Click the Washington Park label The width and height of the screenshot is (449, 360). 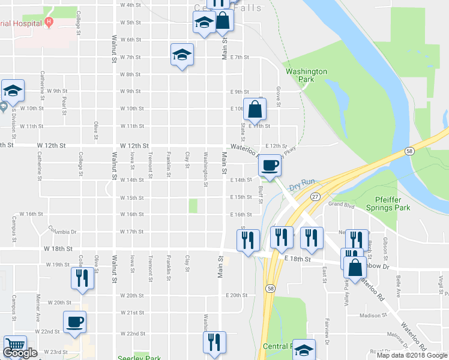point(306,76)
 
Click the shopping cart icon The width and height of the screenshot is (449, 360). point(14,346)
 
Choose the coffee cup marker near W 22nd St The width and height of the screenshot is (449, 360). point(74,322)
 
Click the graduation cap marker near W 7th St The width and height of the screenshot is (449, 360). point(182,55)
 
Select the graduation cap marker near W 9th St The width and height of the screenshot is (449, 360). point(13,91)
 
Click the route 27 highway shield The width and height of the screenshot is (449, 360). point(315,196)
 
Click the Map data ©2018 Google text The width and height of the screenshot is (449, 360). point(412,355)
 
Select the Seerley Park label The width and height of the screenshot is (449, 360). point(139,357)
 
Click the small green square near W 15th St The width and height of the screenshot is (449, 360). point(193,206)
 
